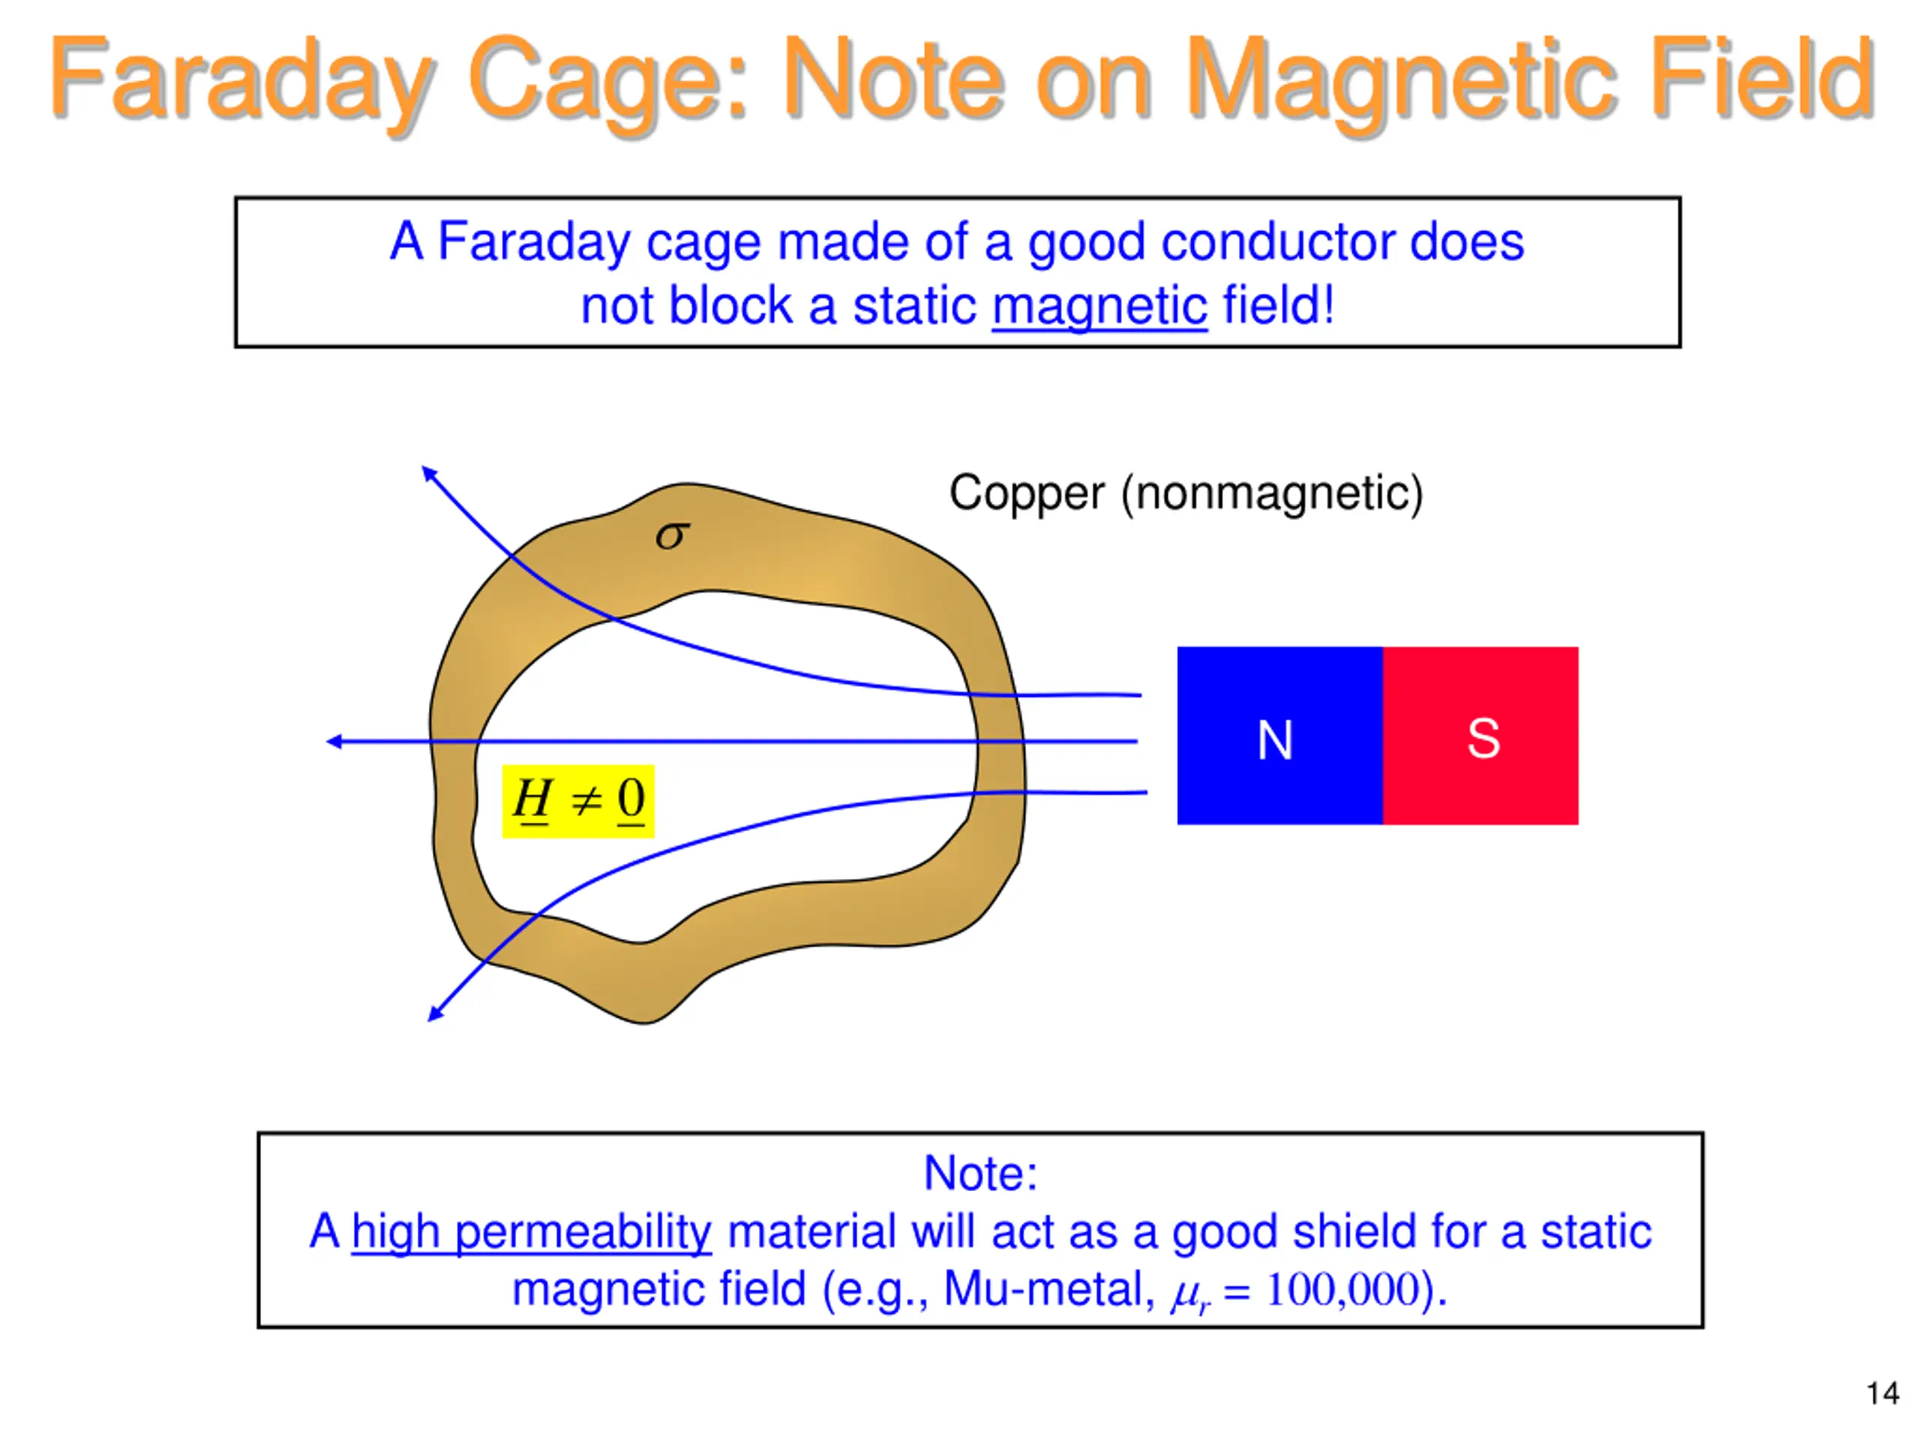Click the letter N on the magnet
click(x=1274, y=740)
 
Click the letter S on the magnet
click(x=1483, y=739)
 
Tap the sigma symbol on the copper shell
click(x=672, y=535)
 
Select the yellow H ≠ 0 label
click(x=578, y=800)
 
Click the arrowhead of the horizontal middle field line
click(x=334, y=741)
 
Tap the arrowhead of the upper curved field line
click(x=428, y=473)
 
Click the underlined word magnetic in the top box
click(x=1099, y=307)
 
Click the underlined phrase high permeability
click(x=531, y=1231)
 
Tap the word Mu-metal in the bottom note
click(x=1048, y=1289)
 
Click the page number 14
click(x=1882, y=1394)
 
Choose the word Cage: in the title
click(x=608, y=79)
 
